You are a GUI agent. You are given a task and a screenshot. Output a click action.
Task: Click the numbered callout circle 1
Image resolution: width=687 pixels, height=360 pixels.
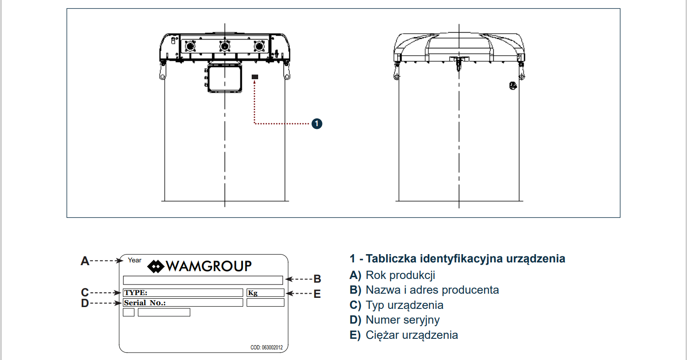317,123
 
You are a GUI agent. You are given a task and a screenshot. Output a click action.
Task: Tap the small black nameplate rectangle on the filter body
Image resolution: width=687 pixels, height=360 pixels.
255,77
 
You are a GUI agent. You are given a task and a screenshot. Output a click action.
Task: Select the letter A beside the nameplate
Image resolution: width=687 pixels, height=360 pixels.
85,261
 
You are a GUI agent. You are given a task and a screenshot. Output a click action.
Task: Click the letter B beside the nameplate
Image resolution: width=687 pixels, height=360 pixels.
317,279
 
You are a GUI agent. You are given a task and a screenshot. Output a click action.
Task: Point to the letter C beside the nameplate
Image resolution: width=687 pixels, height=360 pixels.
85,292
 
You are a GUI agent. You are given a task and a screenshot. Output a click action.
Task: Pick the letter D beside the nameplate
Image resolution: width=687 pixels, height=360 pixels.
85,303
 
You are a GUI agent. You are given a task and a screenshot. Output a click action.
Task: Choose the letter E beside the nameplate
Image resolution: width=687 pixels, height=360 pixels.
317,293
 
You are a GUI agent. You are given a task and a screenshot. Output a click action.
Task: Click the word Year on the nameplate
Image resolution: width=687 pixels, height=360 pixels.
135,260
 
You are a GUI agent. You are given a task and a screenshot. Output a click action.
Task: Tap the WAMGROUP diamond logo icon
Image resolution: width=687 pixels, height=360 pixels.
156,266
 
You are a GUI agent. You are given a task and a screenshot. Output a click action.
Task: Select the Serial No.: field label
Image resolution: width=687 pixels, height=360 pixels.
144,302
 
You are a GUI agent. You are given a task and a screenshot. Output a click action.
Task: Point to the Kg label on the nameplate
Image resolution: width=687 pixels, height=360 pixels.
253,293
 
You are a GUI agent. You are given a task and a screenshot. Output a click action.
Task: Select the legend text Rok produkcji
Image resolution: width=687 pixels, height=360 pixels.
400,275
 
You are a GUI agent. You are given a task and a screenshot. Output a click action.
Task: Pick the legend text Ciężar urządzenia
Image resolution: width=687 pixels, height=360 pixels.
411,335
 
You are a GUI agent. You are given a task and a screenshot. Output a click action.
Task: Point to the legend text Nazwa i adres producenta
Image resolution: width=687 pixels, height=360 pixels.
432,290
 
